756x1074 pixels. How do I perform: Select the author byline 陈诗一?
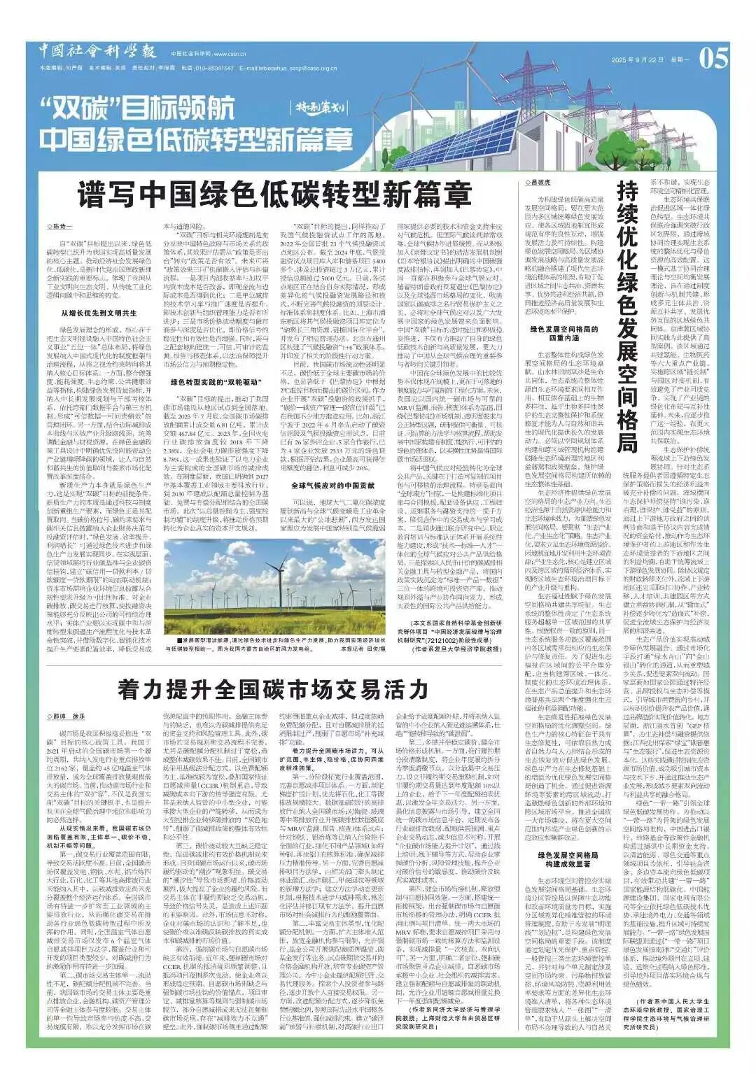(x=61, y=227)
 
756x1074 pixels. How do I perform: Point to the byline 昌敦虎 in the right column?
(x=539, y=181)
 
